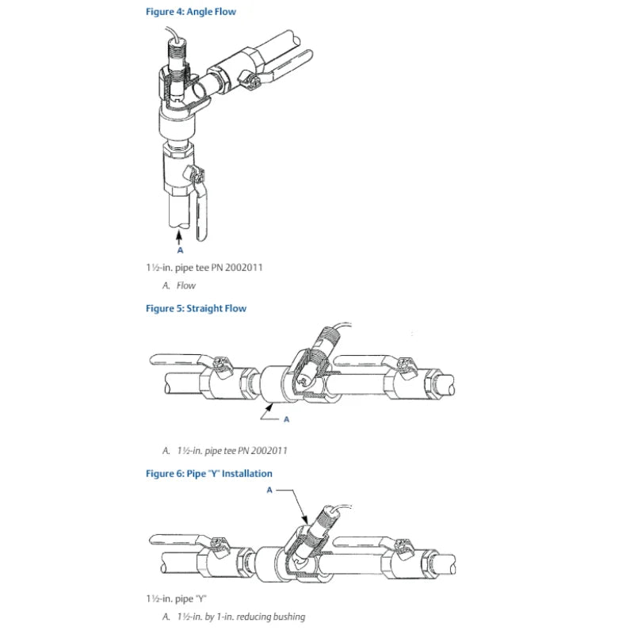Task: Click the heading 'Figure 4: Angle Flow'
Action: point(191,12)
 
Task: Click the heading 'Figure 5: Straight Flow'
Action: point(196,308)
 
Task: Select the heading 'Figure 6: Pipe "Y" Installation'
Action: point(209,473)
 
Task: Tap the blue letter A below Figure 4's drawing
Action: point(181,250)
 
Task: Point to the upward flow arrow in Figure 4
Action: point(179,237)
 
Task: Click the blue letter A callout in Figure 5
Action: point(286,419)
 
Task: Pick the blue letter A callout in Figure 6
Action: point(269,490)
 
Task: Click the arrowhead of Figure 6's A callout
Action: point(305,520)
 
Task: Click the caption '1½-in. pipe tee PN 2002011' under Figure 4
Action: point(204,268)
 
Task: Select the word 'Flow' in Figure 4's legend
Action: point(186,285)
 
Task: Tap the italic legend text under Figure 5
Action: point(225,450)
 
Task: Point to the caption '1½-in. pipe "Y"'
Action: point(176,598)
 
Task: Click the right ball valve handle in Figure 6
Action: point(364,542)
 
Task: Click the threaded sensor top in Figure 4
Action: point(176,51)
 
